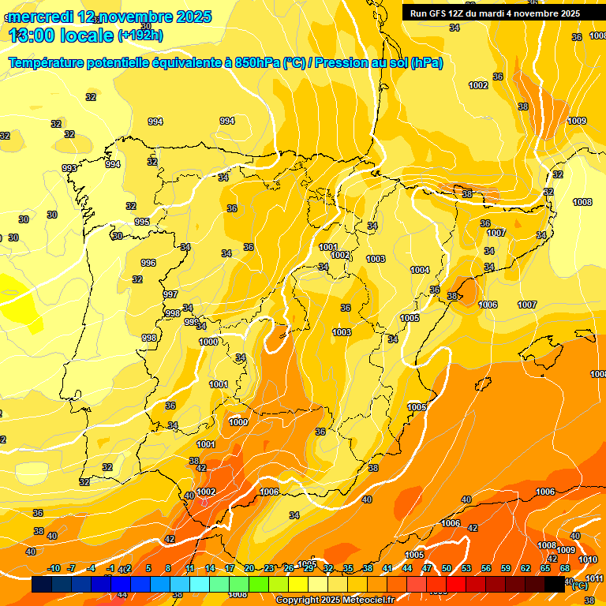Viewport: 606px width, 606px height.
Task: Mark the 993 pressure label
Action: pyautogui.click(x=69, y=168)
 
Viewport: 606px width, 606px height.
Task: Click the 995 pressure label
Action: pyautogui.click(x=142, y=222)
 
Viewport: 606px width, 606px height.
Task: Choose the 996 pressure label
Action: pyautogui.click(x=148, y=263)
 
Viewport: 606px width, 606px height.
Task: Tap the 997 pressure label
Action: pyautogui.click(x=170, y=294)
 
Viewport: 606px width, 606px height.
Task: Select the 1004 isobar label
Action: pyautogui.click(x=420, y=270)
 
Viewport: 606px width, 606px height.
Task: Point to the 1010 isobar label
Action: pyautogui.click(x=588, y=559)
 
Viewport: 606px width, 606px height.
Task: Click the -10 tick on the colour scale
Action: pyautogui.click(x=54, y=568)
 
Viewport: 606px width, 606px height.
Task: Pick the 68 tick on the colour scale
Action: pyautogui.click(x=565, y=568)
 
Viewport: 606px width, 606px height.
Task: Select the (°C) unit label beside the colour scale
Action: pyautogui.click(x=579, y=585)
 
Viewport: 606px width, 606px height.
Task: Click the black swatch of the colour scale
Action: pyautogui.click(x=555, y=585)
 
